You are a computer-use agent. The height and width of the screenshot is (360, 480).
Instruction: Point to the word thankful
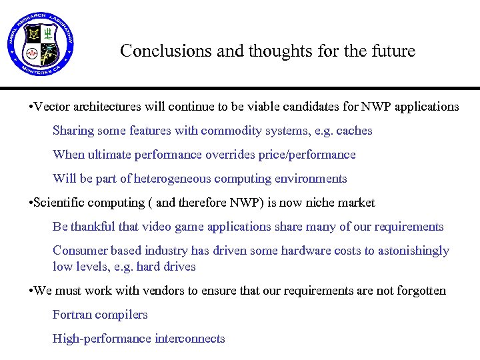click(x=93, y=227)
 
